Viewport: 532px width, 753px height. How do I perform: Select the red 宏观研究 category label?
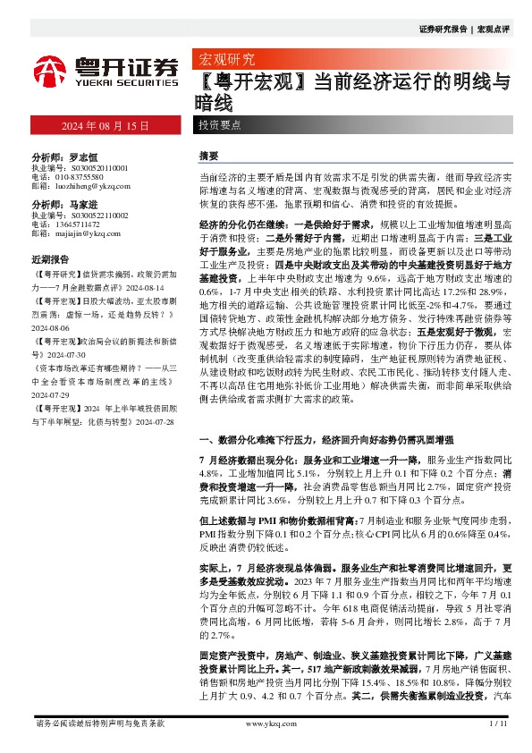225,61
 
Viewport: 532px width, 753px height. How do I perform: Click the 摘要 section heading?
207,156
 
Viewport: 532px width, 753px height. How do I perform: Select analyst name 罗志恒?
88,157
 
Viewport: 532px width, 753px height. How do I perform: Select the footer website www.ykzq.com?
265,723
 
